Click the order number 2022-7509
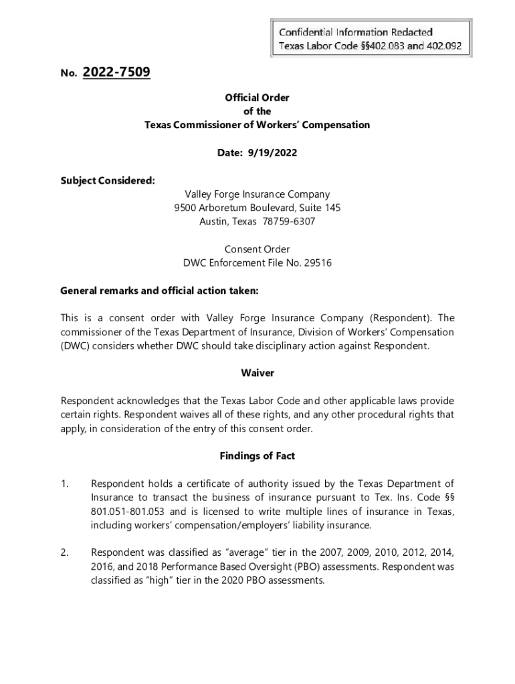click(x=116, y=71)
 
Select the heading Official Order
click(x=257, y=98)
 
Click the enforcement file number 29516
click(x=318, y=263)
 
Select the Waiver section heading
click(x=257, y=373)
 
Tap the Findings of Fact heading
click(x=257, y=456)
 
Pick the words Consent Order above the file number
click(x=257, y=249)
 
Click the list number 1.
click(x=64, y=484)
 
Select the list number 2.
click(x=64, y=552)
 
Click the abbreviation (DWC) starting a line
click(x=75, y=346)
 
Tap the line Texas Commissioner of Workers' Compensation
click(x=257, y=125)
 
